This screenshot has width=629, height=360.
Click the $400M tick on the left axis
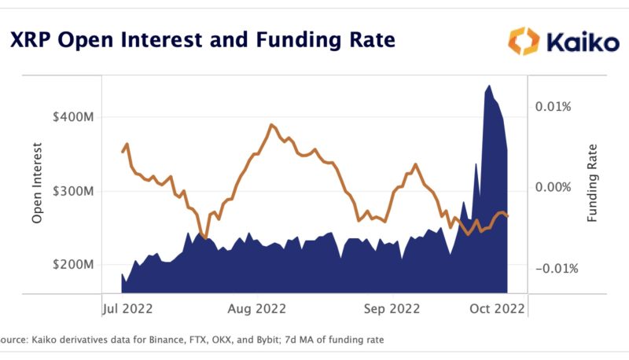pos(73,116)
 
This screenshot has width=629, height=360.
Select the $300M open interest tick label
pos(73,191)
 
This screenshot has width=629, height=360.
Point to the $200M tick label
pos(73,265)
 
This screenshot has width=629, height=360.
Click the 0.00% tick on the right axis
pos(554,187)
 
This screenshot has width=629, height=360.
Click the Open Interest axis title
pos(37,184)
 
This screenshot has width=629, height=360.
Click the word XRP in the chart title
pos(36,39)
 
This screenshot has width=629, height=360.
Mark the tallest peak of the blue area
pos(489,86)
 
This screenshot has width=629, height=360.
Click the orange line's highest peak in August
pos(270,125)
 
